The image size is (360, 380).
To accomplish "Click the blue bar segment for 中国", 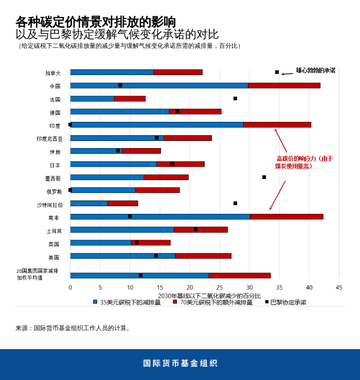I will [159, 85].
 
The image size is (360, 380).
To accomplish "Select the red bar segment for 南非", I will [286, 216].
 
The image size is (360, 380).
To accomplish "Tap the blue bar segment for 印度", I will [157, 124].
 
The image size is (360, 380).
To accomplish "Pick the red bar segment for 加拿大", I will [178, 72].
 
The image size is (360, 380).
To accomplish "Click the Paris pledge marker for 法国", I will [235, 98].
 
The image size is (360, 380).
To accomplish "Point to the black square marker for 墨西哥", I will [264, 177].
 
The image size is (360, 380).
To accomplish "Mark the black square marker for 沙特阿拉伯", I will [235, 203].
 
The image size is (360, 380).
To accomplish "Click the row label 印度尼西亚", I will [49, 139].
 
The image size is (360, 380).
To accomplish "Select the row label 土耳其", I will [53, 231].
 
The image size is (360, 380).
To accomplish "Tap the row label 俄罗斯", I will [54, 192].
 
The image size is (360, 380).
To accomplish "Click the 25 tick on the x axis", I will [220, 287].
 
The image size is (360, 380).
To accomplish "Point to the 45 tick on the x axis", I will [339, 287].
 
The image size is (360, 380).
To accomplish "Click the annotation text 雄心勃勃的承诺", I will [315, 70].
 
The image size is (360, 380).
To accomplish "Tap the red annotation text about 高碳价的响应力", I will [304, 162].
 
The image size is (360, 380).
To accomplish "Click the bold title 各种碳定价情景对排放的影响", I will [96, 22].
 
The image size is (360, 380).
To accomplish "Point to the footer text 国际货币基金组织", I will [180, 363].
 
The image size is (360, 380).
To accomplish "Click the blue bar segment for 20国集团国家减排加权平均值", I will [139, 276].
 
